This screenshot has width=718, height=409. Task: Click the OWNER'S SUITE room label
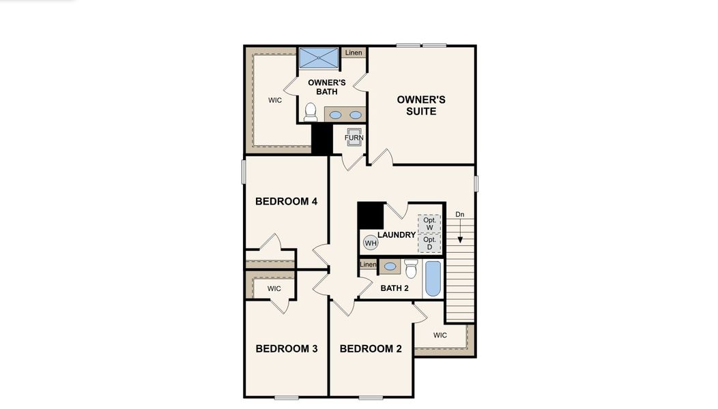click(421, 106)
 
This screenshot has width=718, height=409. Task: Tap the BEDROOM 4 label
click(286, 202)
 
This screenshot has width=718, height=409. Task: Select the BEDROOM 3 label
click(287, 349)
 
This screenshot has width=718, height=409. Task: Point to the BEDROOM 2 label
click(371, 349)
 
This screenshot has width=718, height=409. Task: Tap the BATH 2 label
click(394, 288)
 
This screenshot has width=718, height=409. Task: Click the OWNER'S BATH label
click(327, 87)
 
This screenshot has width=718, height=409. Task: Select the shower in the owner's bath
click(319, 57)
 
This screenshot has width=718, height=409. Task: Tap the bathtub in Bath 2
click(433, 279)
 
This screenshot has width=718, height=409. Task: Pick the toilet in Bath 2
click(411, 269)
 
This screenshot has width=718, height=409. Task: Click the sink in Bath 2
click(390, 267)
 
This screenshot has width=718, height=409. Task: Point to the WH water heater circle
click(371, 243)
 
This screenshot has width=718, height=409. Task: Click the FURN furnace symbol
click(354, 136)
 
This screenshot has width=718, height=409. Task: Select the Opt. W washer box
click(429, 224)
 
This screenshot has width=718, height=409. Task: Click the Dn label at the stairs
click(460, 215)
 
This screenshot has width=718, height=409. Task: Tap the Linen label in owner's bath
click(354, 52)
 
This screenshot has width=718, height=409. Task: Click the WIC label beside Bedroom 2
click(440, 335)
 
